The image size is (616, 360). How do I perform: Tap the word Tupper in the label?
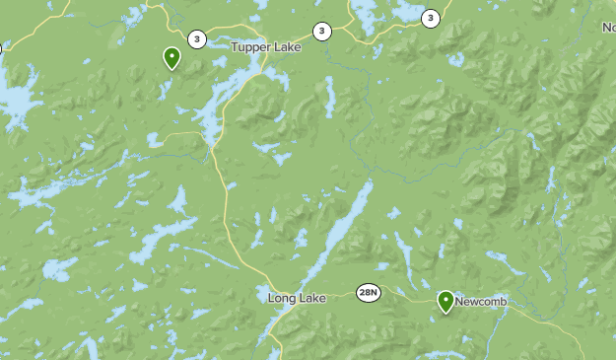(250, 46)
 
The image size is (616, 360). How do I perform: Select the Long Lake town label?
(297, 297)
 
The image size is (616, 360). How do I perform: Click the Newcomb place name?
(480, 301)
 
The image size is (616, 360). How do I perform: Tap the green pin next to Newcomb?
(445, 301)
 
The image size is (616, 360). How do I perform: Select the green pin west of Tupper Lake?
(172, 58)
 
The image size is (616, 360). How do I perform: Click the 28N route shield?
(369, 293)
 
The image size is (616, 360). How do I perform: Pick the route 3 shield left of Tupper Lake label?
(197, 39)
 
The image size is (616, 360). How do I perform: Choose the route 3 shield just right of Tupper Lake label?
(321, 32)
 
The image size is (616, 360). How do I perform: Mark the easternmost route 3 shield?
(430, 18)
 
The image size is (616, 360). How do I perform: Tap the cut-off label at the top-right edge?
(608, 28)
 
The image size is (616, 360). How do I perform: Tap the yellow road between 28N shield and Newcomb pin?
(409, 293)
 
